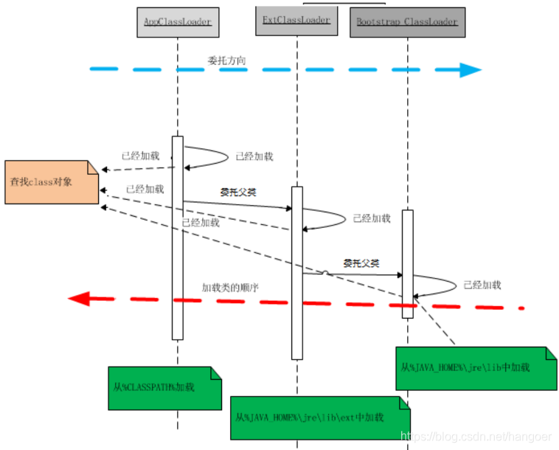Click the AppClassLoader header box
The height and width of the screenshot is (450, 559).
pyautogui.click(x=177, y=22)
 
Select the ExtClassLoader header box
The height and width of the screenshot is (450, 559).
pyautogui.click(x=296, y=20)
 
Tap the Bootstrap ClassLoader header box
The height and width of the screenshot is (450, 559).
pyautogui.click(x=407, y=22)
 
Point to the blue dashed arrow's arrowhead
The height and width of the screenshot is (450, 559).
pyautogui.click(x=470, y=70)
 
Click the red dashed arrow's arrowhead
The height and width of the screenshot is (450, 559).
pyautogui.click(x=78, y=299)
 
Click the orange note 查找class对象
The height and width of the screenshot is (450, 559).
pyautogui.click(x=50, y=181)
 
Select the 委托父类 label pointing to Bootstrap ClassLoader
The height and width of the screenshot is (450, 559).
pyautogui.click(x=361, y=263)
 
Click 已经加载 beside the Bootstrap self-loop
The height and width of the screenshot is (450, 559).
pyautogui.click(x=482, y=284)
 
